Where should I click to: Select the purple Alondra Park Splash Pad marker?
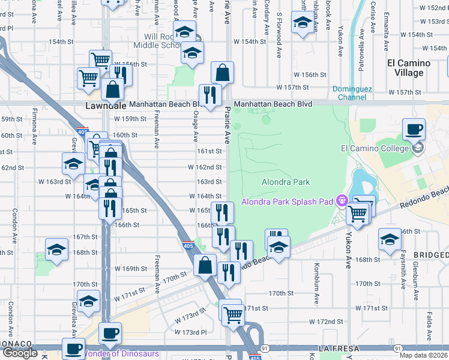coord(342,200)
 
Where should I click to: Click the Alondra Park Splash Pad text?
coord(287,202)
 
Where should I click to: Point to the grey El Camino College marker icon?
coord(418,147)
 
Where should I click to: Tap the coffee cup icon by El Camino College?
coord(413,129)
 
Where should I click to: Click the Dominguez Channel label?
coord(353,93)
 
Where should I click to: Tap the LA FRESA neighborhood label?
coord(339,349)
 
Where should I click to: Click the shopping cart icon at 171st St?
coord(232,313)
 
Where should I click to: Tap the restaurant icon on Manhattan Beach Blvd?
coord(210,95)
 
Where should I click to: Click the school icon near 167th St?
coord(56,250)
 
